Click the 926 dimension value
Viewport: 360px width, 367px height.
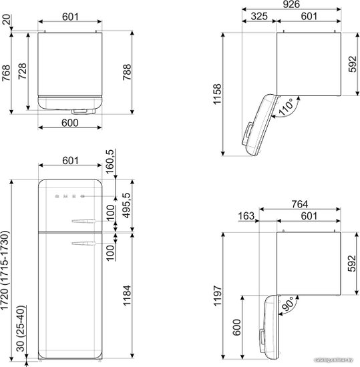291,4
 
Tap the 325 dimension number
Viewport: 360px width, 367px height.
259,17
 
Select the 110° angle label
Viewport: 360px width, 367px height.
286,107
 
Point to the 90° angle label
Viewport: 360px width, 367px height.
288,304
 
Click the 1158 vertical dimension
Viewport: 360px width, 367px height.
217,94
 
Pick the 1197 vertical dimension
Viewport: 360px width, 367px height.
217,296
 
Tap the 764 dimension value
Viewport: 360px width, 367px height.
300,204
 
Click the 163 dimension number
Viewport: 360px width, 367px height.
246,216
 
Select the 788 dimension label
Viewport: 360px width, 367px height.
127,72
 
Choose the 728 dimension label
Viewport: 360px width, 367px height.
22,71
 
